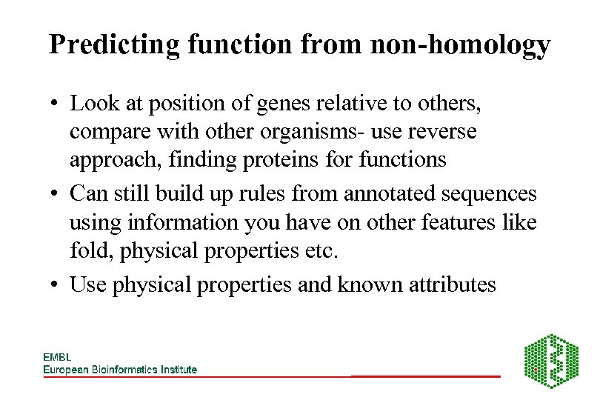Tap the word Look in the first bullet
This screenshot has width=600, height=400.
[92, 104]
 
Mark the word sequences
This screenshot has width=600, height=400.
[488, 194]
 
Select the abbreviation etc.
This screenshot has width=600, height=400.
[321, 250]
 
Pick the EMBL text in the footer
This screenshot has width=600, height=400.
[57, 357]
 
